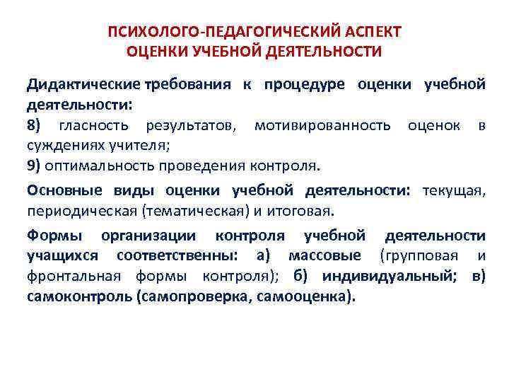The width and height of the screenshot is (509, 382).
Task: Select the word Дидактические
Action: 83,85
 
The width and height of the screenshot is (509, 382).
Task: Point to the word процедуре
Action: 305,85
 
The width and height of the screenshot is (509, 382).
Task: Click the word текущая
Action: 454,191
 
